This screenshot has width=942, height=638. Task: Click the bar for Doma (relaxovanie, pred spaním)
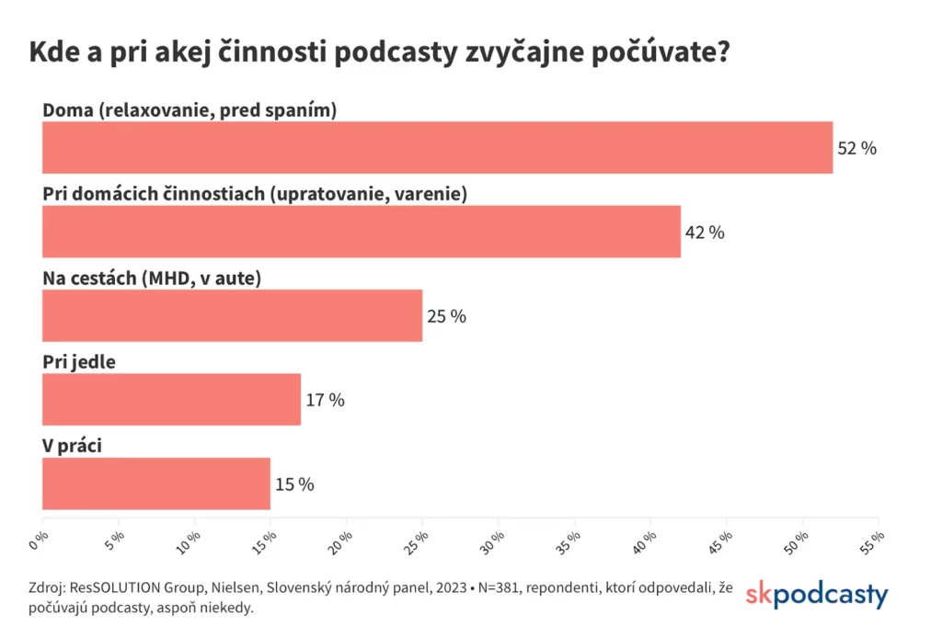pyautogui.click(x=437, y=147)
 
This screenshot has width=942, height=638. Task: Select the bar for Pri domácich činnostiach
pyautogui.click(x=361, y=232)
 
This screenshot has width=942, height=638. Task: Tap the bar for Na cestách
pyautogui.click(x=232, y=315)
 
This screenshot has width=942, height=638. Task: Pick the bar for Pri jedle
pyautogui.click(x=171, y=399)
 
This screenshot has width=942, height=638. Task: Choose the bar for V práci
pyautogui.click(x=156, y=484)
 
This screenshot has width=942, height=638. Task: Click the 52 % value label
pyautogui.click(x=856, y=148)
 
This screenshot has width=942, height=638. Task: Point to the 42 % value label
pyautogui.click(x=705, y=233)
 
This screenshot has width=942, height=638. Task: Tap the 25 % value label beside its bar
pyautogui.click(x=446, y=316)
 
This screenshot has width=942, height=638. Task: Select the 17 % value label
pyautogui.click(x=325, y=400)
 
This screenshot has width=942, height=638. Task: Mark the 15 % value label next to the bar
pyautogui.click(x=294, y=484)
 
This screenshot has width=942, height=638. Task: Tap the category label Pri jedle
pyautogui.click(x=79, y=361)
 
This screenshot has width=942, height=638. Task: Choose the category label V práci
pyautogui.click(x=72, y=445)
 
